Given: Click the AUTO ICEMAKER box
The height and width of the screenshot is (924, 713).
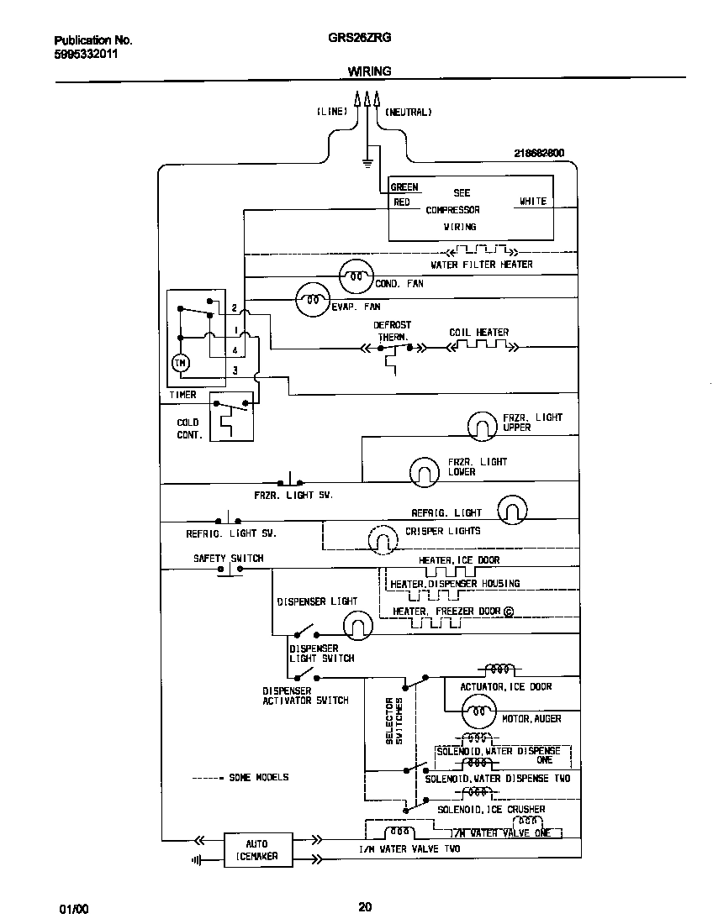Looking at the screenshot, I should (257, 849).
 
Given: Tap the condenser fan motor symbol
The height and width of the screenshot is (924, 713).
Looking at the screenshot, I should (356, 275).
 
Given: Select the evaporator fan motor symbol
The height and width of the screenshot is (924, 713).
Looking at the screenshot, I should (312, 299).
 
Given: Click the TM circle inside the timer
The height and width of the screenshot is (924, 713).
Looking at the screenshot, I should (181, 362).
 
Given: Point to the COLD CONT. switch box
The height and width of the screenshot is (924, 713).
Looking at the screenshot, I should (231, 417).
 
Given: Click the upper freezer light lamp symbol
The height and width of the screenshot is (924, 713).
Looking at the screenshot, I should (483, 426).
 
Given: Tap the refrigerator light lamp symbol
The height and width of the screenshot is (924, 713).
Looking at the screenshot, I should (512, 509).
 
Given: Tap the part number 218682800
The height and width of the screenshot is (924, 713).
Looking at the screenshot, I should (538, 153).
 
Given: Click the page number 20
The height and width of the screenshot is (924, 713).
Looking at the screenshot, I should (365, 906).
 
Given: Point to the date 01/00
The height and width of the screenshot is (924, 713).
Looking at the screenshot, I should (73, 909).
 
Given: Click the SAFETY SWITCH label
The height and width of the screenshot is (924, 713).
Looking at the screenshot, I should (228, 558).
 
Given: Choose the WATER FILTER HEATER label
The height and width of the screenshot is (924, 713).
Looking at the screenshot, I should (482, 265).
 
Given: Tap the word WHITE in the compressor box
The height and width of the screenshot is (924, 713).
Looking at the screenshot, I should (532, 202).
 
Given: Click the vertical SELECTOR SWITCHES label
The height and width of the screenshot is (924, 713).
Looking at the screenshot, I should (394, 720).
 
